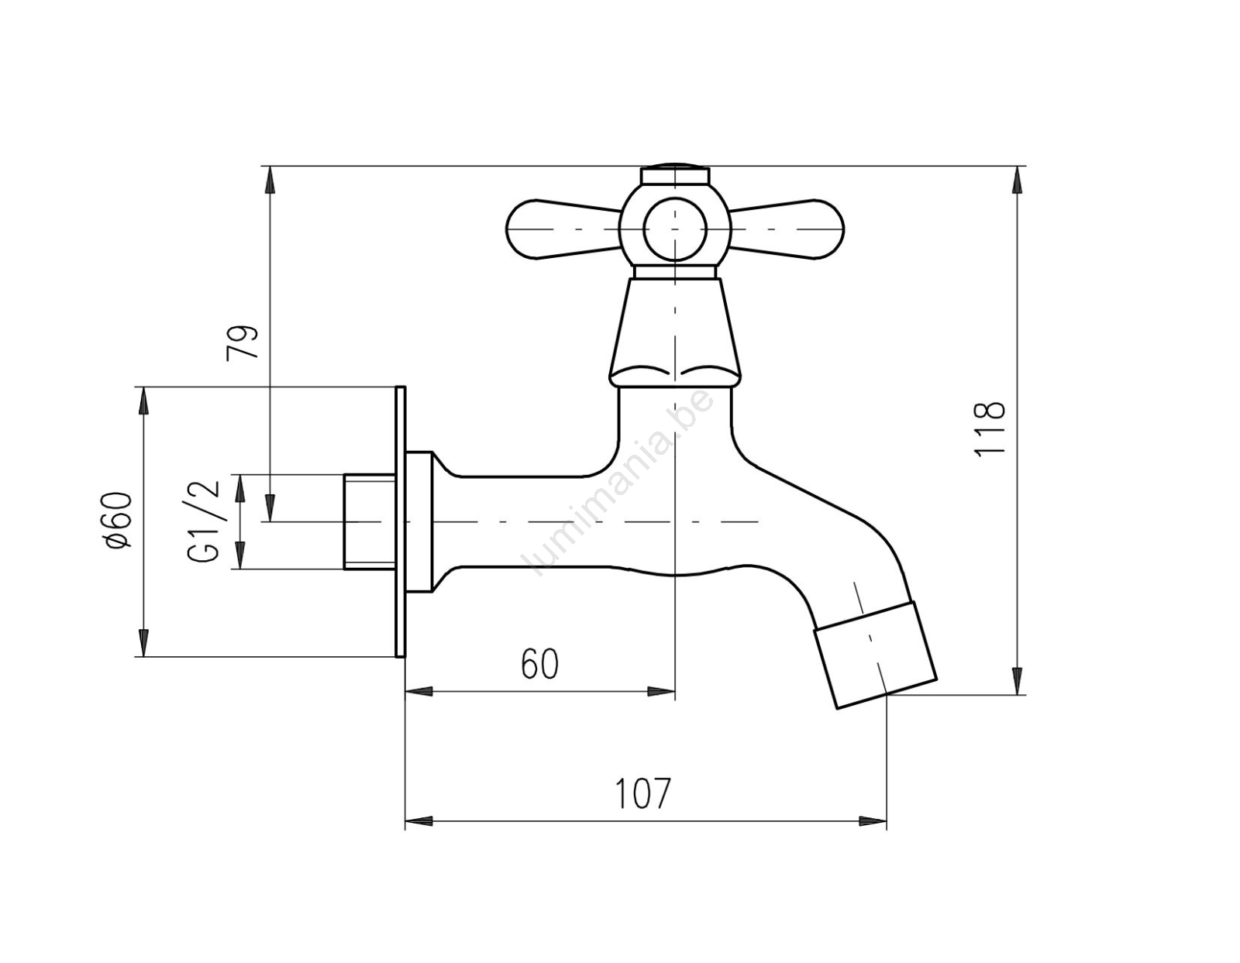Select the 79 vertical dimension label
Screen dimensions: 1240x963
pos(243,342)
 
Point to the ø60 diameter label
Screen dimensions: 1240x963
pos(119,521)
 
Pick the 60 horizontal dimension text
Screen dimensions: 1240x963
pos(539,664)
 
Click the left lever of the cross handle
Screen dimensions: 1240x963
pos(563,230)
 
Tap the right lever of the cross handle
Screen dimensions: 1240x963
pos(787,230)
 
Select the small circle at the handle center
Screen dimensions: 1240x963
pos(675,230)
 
